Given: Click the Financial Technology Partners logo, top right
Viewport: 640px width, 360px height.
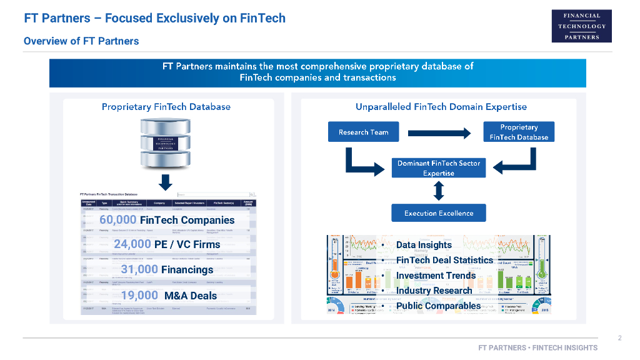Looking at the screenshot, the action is click(x=581, y=26).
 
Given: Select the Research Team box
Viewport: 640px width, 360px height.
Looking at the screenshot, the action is click(x=363, y=132).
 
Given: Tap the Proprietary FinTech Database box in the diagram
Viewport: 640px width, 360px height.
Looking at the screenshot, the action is click(x=519, y=132).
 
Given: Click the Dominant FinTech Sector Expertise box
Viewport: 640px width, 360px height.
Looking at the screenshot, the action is click(x=438, y=168).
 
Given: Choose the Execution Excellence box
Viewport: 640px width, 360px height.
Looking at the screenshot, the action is click(x=438, y=213).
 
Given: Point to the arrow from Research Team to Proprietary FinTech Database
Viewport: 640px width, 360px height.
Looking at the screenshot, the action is click(x=439, y=132).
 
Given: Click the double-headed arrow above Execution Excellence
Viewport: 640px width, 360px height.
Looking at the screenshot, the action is click(x=438, y=191).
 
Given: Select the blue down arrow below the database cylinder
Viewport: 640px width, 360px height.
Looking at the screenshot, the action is click(x=166, y=182).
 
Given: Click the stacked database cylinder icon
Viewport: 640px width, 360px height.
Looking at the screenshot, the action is click(x=166, y=143).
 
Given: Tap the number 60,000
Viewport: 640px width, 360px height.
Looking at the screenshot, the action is click(x=117, y=219).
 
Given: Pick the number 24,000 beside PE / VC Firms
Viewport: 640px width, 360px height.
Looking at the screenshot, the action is click(x=132, y=244).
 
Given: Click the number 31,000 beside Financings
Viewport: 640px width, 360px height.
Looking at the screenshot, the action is click(x=139, y=269).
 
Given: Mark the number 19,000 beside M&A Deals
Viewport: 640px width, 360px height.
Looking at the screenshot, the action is click(x=139, y=296).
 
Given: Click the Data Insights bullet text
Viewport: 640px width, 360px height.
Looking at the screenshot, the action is click(x=424, y=245).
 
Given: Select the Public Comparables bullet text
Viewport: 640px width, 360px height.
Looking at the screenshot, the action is click(x=438, y=306).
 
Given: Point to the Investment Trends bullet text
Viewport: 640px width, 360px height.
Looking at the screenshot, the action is click(x=436, y=276).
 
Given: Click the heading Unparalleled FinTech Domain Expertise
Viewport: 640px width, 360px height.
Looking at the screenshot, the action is click(x=441, y=107).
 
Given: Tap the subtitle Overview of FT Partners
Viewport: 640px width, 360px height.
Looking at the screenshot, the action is click(x=81, y=41).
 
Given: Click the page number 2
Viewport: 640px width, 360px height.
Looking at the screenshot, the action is click(x=619, y=338).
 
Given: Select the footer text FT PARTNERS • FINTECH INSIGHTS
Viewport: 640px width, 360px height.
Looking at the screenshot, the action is click(x=537, y=347).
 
